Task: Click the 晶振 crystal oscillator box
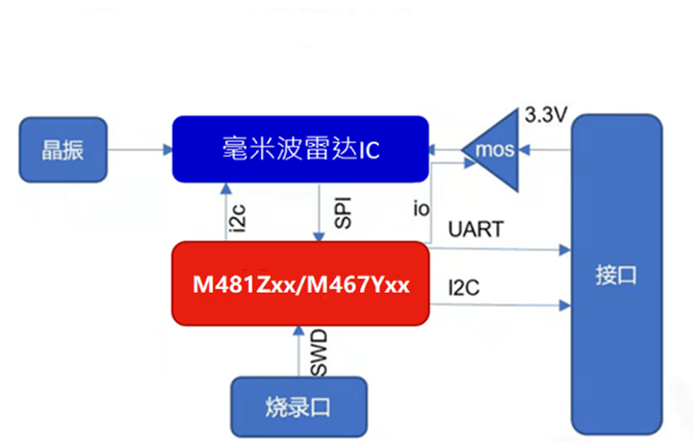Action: tap(63, 149)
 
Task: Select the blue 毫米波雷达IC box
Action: tap(299, 149)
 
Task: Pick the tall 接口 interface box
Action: tap(615, 274)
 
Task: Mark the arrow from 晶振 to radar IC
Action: tap(139, 149)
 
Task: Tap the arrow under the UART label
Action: tap(499, 250)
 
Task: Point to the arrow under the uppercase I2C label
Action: tap(499, 306)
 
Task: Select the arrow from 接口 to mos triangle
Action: tap(546, 150)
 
